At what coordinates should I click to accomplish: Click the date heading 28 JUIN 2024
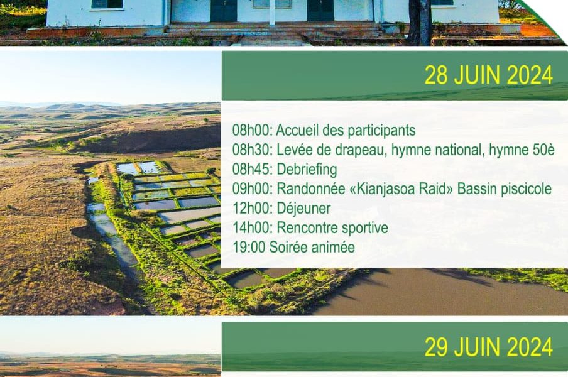[x=489, y=75]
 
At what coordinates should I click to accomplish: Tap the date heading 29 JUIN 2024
[x=489, y=347]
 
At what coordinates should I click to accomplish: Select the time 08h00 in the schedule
[x=252, y=130]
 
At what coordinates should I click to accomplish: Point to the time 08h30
[x=252, y=150]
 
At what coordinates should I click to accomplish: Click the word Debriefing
[x=307, y=170]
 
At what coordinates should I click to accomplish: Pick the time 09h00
[x=252, y=188]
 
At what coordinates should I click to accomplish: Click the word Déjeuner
[x=303, y=209]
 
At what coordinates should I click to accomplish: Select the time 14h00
[x=252, y=228]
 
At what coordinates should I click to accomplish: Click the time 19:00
[x=249, y=248]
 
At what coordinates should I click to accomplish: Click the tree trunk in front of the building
[x=420, y=23]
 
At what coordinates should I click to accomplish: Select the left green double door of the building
[x=224, y=11]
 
